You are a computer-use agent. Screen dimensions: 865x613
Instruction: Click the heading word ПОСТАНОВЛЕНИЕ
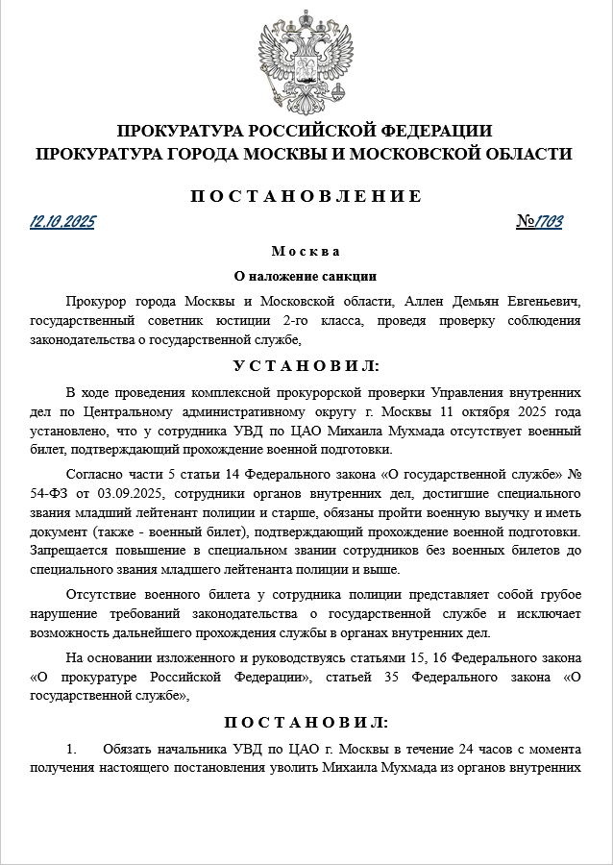click(x=306, y=196)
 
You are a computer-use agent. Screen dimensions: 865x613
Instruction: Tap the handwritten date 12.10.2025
click(x=62, y=222)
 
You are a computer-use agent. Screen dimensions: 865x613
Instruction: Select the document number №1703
click(x=539, y=222)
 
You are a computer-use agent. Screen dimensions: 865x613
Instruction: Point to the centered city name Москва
click(x=306, y=252)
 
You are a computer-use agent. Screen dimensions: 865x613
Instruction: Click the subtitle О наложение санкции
click(x=306, y=275)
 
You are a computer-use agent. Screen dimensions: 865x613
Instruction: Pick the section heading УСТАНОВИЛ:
click(x=306, y=366)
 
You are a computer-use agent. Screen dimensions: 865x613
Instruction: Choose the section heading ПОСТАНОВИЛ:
click(x=306, y=722)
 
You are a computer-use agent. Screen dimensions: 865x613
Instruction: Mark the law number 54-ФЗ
click(x=50, y=495)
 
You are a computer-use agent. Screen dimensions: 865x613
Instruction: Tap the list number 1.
click(x=70, y=749)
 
